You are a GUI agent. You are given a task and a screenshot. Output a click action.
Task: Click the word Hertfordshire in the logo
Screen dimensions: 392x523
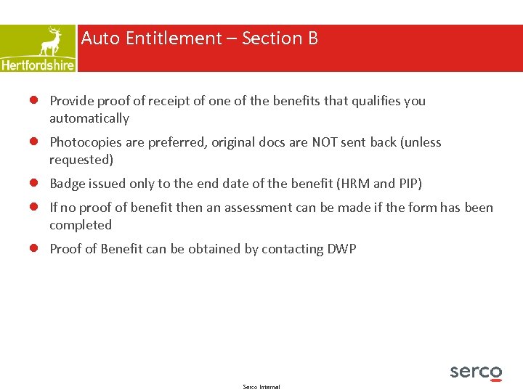tap(38, 65)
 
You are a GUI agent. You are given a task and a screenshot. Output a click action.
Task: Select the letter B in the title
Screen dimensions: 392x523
tap(312, 38)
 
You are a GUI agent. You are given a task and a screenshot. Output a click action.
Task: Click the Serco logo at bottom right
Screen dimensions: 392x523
tap(476, 372)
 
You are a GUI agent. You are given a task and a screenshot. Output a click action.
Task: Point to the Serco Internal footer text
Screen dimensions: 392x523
tap(261, 387)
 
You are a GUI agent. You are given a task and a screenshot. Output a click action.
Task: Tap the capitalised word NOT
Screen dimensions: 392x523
tap(328, 142)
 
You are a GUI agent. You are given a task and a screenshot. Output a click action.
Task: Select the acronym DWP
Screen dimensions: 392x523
tap(341, 249)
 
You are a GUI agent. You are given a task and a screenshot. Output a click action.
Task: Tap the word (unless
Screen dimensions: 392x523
tap(421, 142)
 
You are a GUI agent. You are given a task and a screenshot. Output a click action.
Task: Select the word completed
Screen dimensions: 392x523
tap(80, 225)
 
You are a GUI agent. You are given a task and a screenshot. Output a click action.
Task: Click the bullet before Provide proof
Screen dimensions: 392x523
tap(33, 101)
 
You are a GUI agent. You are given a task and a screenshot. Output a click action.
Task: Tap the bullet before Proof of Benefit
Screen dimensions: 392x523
tap(33, 249)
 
